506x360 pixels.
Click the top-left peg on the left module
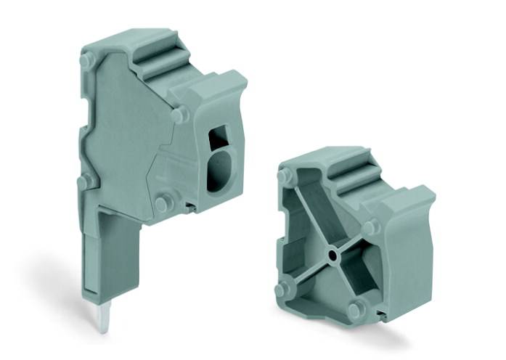point(86,60)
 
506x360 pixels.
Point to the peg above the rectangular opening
point(179,114)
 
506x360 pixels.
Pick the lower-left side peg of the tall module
point(86,179)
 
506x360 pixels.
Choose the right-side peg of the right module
point(370,228)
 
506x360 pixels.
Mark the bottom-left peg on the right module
point(282,289)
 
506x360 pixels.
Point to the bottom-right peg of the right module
point(355,310)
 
